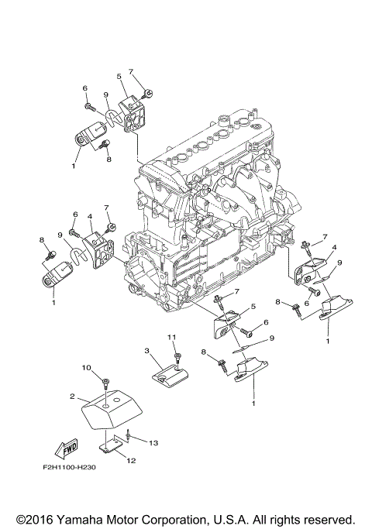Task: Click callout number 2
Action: coord(72,396)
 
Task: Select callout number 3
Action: coord(146,351)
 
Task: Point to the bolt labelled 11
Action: coord(177,357)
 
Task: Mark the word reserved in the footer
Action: coord(328,519)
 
